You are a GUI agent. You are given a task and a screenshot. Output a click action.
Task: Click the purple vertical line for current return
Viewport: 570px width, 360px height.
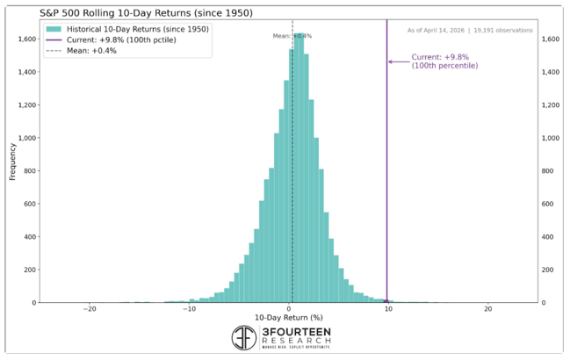pos(386,176)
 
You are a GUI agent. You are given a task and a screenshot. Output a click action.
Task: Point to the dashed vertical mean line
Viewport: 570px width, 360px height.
pos(292,176)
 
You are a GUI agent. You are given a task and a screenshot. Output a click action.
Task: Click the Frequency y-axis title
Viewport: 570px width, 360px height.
pos(12,162)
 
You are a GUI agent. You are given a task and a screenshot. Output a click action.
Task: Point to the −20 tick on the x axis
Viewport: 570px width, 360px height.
pos(89,308)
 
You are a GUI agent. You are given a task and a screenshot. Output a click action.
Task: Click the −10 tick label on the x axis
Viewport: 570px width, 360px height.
pos(188,308)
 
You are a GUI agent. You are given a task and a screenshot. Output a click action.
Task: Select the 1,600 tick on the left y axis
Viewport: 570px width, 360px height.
pos(26,40)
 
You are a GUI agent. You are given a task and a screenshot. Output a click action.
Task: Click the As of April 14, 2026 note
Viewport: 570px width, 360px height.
pos(470,31)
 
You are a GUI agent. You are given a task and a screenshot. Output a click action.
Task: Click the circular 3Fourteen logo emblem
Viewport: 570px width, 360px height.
pos(244,338)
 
